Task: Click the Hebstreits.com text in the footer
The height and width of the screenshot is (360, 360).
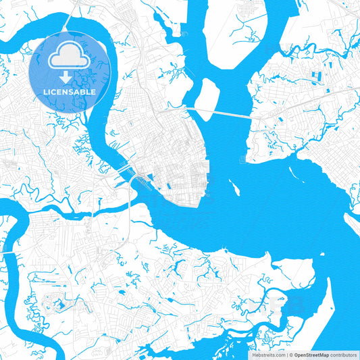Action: point(268,355)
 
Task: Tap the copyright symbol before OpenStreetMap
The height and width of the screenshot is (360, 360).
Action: point(290,355)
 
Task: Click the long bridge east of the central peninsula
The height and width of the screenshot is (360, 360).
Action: point(223,114)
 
